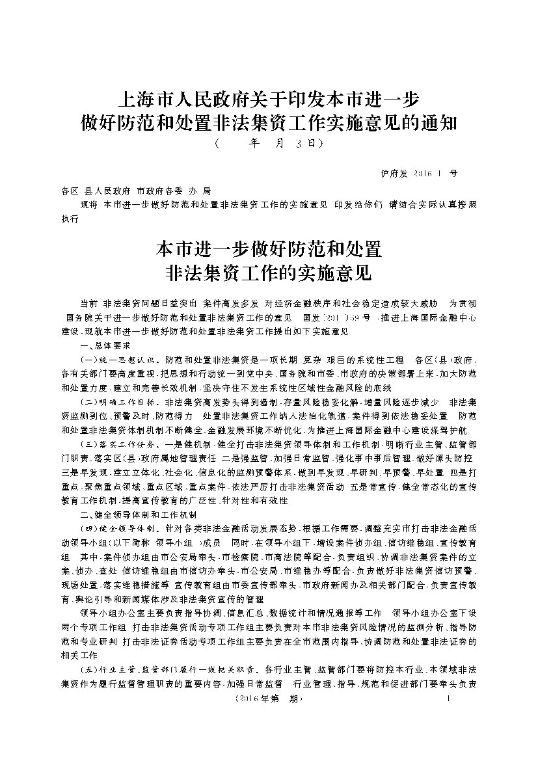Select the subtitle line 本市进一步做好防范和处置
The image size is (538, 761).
point(269,249)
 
